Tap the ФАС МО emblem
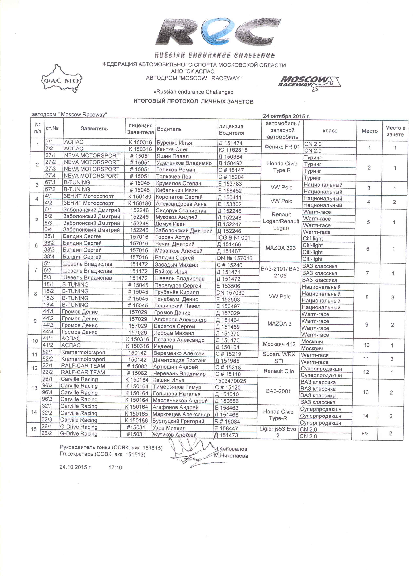(x=62, y=81)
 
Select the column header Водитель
(x=169, y=129)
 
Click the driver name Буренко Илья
(x=174, y=143)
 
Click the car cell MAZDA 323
(x=280, y=248)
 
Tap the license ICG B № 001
(x=234, y=238)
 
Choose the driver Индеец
(x=163, y=346)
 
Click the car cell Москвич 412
(x=279, y=344)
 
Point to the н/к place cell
(x=365, y=433)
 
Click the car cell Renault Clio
(x=279, y=371)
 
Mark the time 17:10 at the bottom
(x=115, y=468)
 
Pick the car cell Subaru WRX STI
(x=279, y=358)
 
